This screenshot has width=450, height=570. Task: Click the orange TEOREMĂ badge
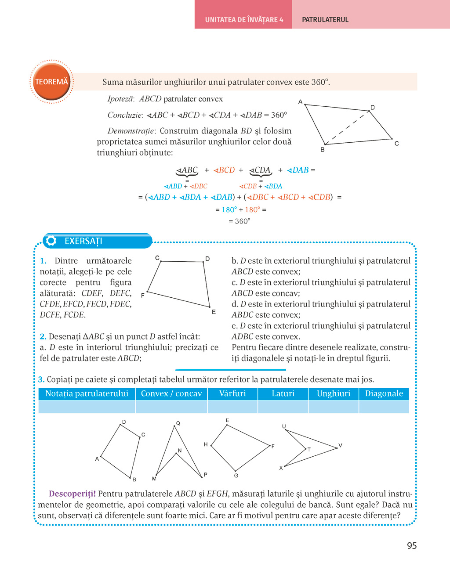click(51, 82)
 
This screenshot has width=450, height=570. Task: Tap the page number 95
click(412, 546)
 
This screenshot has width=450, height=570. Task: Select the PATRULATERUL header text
click(325, 20)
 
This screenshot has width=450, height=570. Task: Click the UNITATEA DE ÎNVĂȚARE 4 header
click(244, 20)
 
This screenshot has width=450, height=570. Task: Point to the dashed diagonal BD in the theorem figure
click(347, 128)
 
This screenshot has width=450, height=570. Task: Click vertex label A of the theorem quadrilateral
click(301, 102)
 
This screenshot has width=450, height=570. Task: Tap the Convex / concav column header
click(171, 393)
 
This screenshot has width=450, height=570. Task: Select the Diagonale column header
click(384, 393)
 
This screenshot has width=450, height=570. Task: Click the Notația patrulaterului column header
click(87, 393)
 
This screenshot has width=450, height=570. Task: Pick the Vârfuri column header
click(232, 393)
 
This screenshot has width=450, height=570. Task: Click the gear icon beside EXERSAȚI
click(51, 241)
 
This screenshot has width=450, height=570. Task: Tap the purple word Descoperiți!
click(72, 494)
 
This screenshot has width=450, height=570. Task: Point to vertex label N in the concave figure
click(180, 451)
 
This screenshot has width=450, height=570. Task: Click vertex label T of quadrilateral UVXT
click(309, 450)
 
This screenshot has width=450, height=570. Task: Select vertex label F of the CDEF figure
click(142, 296)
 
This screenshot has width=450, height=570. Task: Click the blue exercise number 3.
click(41, 379)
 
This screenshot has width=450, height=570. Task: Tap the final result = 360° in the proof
click(240, 221)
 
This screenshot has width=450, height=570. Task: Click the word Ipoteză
click(120, 99)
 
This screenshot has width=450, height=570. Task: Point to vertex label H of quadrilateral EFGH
click(206, 444)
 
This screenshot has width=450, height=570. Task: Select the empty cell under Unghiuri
click(334, 407)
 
